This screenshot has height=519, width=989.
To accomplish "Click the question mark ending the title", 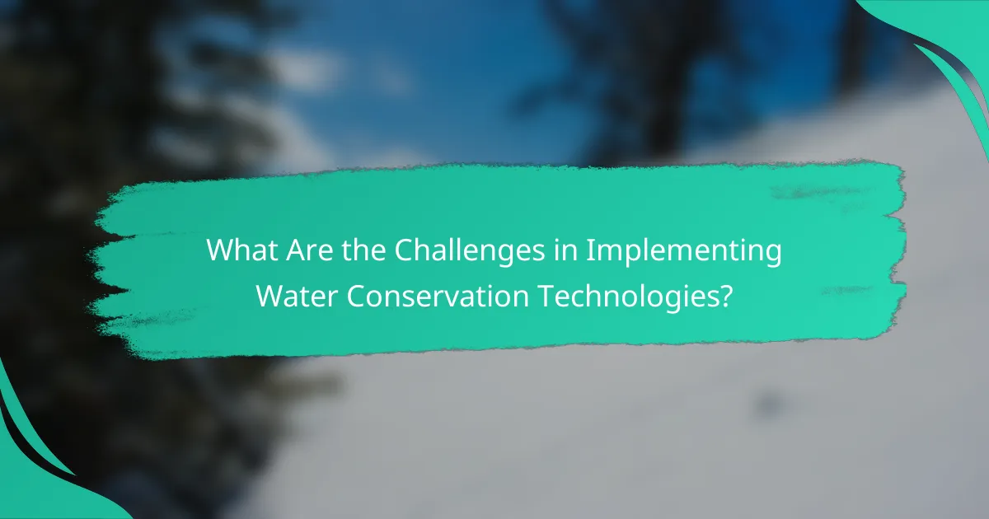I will pyautogui.click(x=724, y=295).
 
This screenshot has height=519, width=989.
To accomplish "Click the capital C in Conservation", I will pyautogui.click(x=357, y=295).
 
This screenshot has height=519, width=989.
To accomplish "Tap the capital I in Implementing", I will pyautogui.click(x=590, y=250).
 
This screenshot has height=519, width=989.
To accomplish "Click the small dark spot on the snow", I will pyautogui.click(x=768, y=403).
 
